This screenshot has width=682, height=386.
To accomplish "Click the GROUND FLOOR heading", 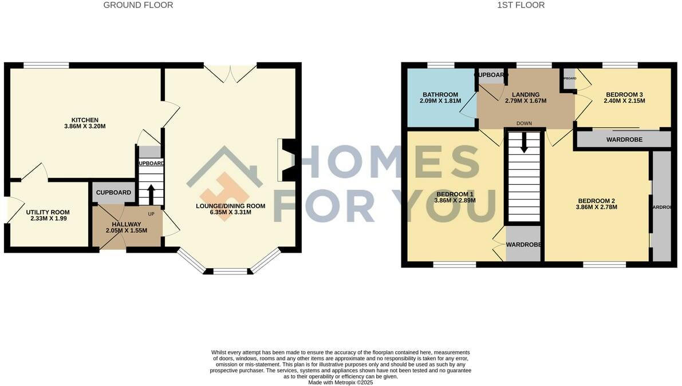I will [x=138, y=5].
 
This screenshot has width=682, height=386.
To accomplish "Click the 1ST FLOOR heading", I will [x=522, y=5].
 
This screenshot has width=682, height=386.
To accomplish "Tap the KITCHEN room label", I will [x=85, y=120].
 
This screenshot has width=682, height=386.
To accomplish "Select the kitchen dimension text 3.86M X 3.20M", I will [x=85, y=126].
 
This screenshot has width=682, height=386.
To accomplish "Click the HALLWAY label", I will [x=127, y=224].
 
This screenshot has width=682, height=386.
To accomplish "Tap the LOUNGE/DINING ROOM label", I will [x=231, y=206].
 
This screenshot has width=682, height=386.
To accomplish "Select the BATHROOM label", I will [x=440, y=94].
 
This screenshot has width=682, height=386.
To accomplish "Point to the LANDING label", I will [x=526, y=94].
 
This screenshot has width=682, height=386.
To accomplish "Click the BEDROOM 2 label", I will [x=596, y=201].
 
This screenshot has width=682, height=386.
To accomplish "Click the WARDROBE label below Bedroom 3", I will [x=624, y=140].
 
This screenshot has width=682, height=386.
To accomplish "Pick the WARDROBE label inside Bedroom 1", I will [x=523, y=245].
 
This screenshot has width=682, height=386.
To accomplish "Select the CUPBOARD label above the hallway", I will [x=113, y=193].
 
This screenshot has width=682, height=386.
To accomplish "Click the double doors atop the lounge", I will [x=230, y=73].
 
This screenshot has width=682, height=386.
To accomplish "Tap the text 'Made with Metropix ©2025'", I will [x=340, y=383].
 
